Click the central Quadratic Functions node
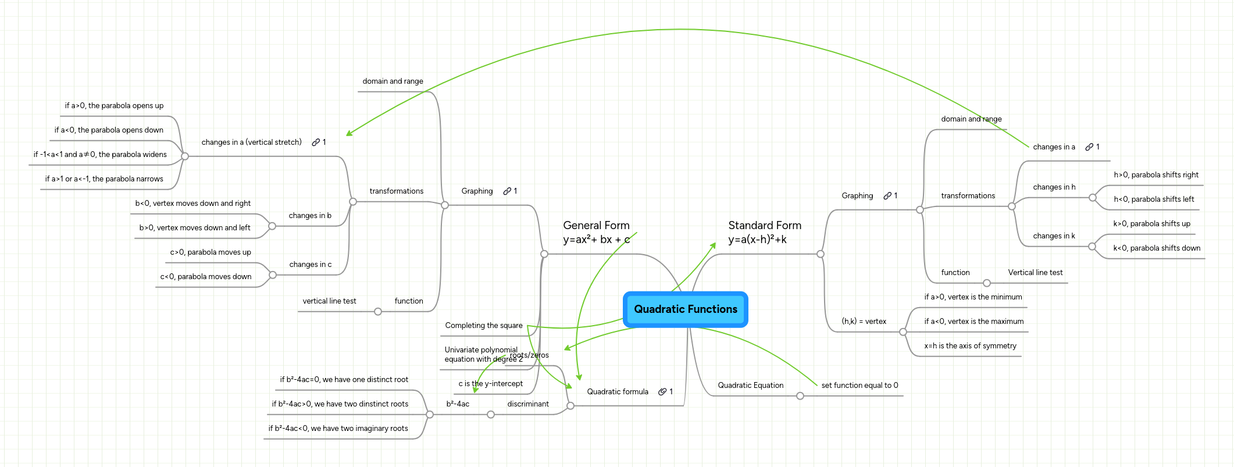685,309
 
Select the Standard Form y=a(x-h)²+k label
764,232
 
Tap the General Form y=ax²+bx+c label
596,232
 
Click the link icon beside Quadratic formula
662,392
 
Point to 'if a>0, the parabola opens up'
114,106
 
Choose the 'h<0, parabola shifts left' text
1154,199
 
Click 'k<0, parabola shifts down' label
1157,248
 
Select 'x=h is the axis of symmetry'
970,346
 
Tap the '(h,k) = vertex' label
864,322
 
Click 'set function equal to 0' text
859,386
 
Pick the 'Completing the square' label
484,326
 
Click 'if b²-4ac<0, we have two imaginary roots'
338,429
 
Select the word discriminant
527,404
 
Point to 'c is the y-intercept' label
490,384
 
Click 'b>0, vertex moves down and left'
195,228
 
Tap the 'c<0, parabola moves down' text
206,277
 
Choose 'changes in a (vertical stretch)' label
251,142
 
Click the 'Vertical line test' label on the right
1035,273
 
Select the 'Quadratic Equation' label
750,386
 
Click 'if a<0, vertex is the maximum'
973,322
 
